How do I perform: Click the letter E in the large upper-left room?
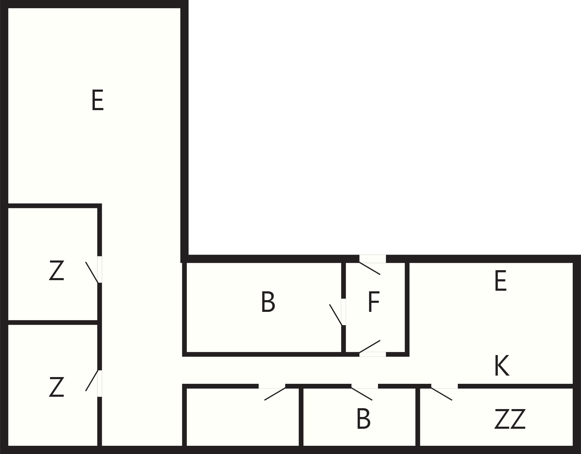tap(98, 100)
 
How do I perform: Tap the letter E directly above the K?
tap(501, 281)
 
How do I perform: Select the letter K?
tap(502, 366)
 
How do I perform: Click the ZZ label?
tap(510, 419)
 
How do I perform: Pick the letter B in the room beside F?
tap(268, 302)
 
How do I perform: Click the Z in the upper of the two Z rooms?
tap(56, 270)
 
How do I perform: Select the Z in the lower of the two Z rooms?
tap(56, 387)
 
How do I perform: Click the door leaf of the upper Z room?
tap(92, 272)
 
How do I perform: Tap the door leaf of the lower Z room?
tap(92, 380)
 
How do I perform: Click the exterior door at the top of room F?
tap(370, 268)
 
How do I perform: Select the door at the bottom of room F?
tap(370, 347)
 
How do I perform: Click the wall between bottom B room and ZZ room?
tap(418, 417)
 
